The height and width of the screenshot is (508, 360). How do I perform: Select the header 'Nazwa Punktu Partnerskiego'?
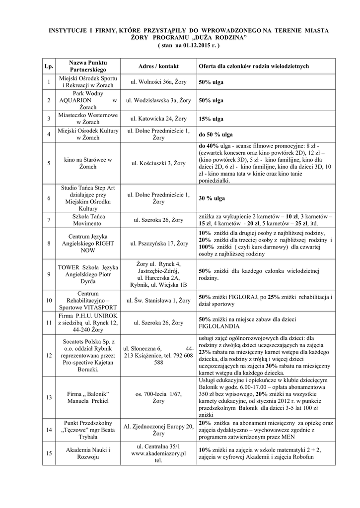coord(88,66)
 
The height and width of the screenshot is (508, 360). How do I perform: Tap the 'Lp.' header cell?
coord(49,66)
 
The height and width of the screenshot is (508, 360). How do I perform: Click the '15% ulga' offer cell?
coord(211,119)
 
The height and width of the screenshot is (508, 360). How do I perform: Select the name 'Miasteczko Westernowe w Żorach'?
coord(88,119)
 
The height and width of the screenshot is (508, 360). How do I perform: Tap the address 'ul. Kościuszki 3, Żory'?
coord(158,163)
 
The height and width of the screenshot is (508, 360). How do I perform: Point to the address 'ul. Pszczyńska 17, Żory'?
coord(158,244)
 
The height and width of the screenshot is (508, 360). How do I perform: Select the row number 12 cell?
coord(49,355)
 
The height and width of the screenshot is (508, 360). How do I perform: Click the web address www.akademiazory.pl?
coord(158,453)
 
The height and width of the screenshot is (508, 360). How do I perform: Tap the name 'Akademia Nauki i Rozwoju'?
coord(88,453)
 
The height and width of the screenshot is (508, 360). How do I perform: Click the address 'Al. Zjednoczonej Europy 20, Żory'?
coord(158,430)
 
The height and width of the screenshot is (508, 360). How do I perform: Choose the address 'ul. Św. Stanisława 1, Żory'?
coord(158,300)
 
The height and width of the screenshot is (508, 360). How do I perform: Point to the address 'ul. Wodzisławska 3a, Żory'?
coord(158,100)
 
